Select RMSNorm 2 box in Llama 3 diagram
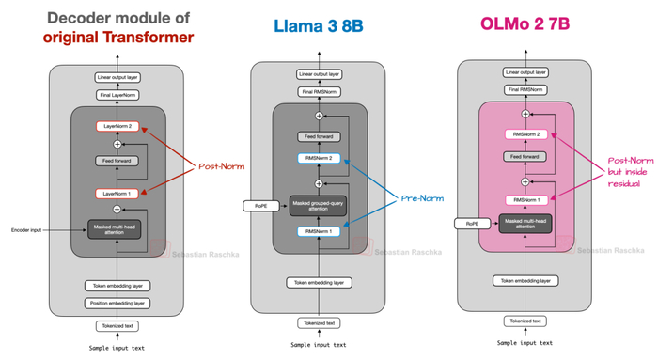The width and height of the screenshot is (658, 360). click(319, 160)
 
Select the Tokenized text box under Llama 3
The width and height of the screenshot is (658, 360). click(319, 322)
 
